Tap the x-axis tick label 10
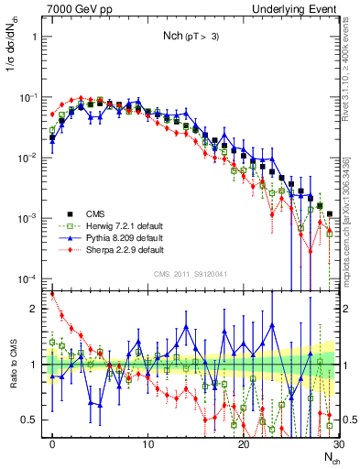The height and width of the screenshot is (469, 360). click(x=147, y=442)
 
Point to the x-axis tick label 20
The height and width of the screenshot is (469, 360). click(x=243, y=442)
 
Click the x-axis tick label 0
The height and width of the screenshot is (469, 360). click(x=52, y=442)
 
